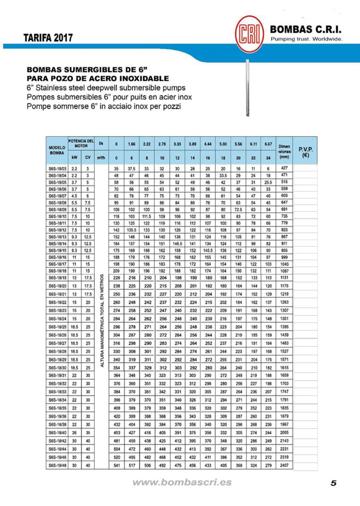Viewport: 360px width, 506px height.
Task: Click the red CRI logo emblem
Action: (x=249, y=34)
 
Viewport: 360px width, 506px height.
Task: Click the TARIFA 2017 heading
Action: (x=48, y=38)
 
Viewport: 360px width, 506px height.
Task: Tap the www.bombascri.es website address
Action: (x=182, y=482)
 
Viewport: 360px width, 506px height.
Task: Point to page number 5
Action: (x=334, y=483)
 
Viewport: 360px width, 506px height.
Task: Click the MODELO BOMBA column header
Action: (x=57, y=150)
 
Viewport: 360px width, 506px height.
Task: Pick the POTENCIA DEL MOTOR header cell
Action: (x=81, y=143)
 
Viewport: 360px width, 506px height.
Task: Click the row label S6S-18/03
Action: (x=57, y=168)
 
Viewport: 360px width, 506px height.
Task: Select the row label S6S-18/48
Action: (x=57, y=465)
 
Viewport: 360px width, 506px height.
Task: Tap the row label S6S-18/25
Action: (x=57, y=327)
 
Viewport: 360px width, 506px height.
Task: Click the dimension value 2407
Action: (x=284, y=465)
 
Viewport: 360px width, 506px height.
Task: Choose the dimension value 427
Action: (x=284, y=168)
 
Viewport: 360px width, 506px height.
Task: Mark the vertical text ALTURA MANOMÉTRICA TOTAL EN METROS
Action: (x=102, y=321)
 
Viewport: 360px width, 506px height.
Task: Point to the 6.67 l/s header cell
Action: (x=268, y=144)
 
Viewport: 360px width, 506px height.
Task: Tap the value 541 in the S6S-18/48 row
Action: (x=116, y=465)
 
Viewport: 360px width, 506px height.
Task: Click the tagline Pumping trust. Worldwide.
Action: (x=306, y=39)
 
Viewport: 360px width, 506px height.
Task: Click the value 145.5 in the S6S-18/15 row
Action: (x=208, y=250)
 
